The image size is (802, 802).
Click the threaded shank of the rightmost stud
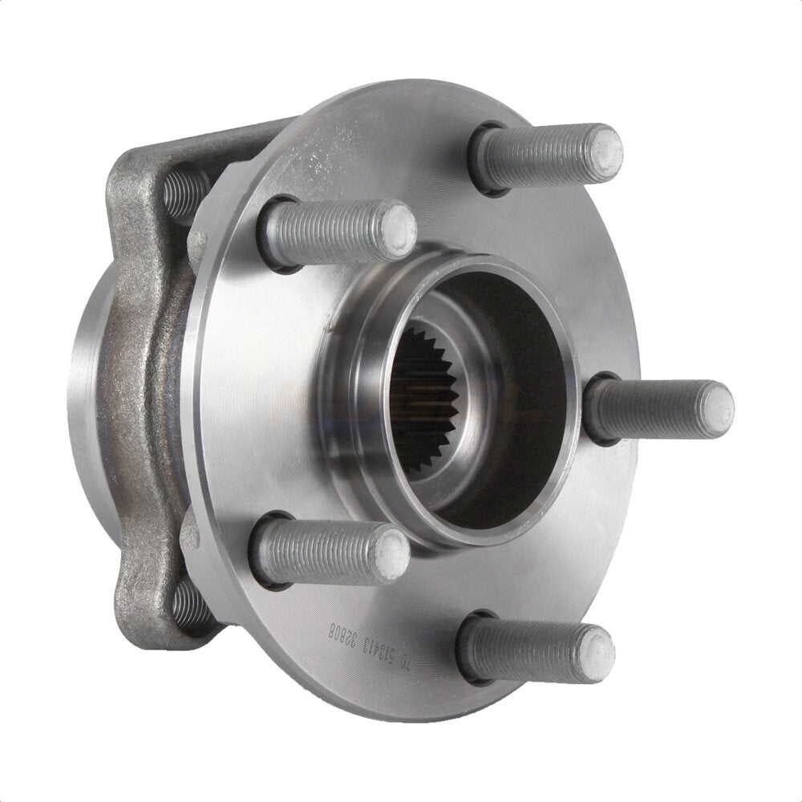pos(642,409)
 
